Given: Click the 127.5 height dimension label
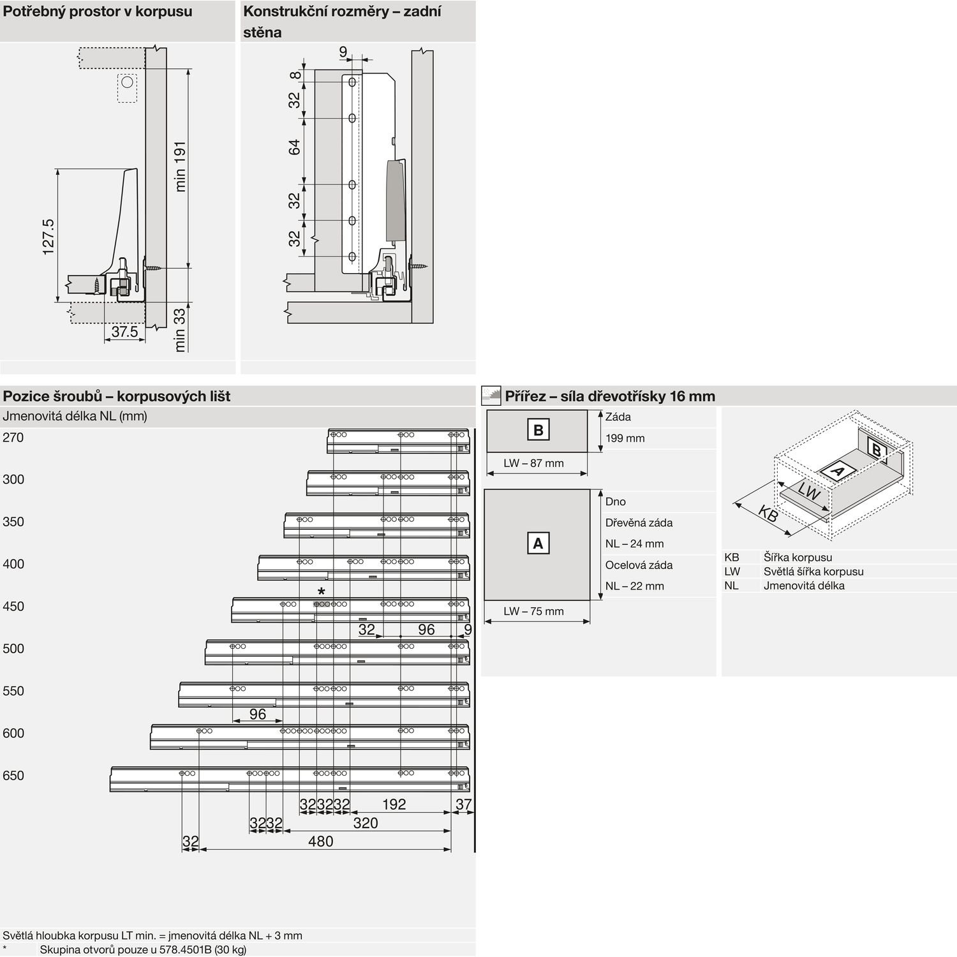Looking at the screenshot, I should [48, 237].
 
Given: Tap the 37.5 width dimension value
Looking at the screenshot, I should [124, 332].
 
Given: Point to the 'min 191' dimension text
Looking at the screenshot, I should [181, 167].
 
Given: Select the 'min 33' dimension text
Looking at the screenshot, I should [181, 330].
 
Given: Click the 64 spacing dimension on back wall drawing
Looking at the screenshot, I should [294, 147].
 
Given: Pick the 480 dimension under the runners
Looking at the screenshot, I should [320, 842].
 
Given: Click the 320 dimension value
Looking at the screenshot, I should [366, 823].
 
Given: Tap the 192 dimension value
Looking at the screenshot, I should [394, 805].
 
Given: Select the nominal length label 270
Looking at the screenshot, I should [13, 438].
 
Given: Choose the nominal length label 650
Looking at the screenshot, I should [13, 776].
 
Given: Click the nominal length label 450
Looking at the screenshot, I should [13, 607].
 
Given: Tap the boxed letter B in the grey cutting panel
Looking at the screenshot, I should [538, 430].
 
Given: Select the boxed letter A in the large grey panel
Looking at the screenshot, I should [538, 544].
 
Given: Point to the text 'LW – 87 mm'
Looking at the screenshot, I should [533, 463].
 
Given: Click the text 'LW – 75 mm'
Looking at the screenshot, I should [533, 611].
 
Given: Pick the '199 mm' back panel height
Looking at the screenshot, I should [625, 438].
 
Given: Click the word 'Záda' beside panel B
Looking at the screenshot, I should [618, 417].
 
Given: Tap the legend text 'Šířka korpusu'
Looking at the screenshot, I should [797, 558].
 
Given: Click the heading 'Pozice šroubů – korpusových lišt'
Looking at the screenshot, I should [117, 396].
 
